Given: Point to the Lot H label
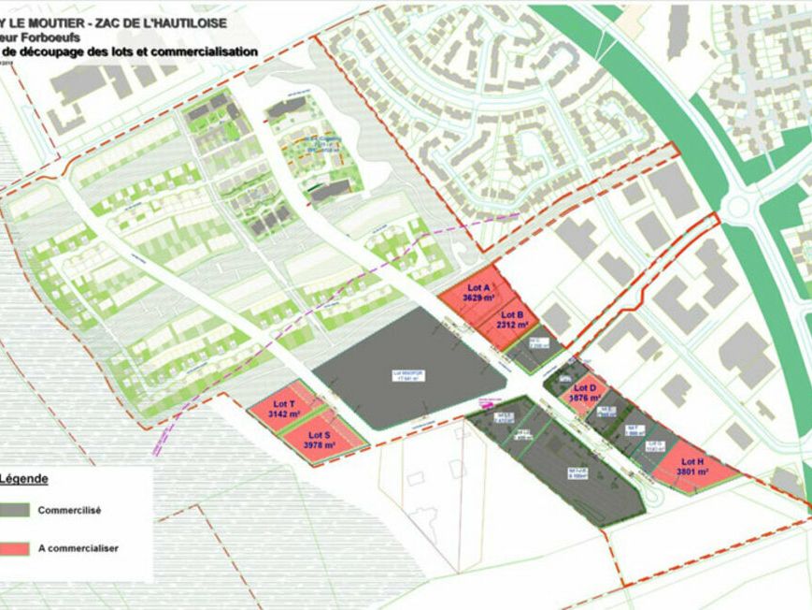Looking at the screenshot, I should [x=691, y=462].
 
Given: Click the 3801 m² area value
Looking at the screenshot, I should [x=691, y=472].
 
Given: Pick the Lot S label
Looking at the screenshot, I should [x=319, y=435].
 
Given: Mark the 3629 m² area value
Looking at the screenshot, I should [x=479, y=298].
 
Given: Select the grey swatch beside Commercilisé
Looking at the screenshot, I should [x=15, y=511].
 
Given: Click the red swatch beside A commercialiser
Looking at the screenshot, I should [x=15, y=548].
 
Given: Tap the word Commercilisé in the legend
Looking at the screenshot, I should [x=69, y=511].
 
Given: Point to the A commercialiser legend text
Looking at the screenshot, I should [x=78, y=548].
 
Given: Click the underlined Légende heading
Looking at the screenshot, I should [x=23, y=478].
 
